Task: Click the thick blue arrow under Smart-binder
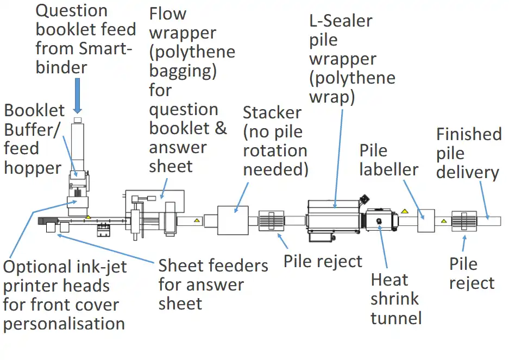77,95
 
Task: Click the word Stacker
272,113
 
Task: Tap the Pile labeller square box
426,220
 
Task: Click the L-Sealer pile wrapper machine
333,217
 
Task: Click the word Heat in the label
389,280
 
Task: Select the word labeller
388,169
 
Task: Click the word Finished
469,135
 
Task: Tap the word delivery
467,173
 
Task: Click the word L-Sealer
341,21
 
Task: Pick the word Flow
168,14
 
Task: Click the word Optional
37,267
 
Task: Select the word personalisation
64,324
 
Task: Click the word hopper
33,168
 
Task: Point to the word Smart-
105,48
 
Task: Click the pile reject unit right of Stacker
272,221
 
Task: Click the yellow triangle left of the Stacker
197,220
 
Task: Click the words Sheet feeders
213,266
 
